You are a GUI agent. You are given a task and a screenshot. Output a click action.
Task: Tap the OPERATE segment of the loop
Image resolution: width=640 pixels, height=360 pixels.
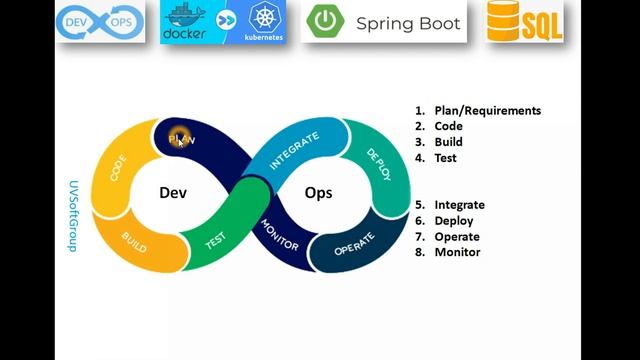pos(354,246)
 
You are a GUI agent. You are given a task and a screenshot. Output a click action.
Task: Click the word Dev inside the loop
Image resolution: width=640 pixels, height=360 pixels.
pos(173,193)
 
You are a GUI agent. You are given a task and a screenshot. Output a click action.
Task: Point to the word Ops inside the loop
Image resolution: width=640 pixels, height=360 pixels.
pos(318,193)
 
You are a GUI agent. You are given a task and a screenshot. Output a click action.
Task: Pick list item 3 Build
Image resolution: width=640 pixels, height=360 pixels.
pos(448,142)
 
